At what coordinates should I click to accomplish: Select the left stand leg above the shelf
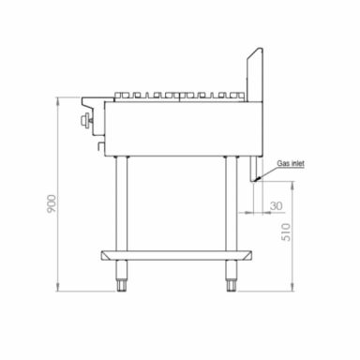coord(120,202)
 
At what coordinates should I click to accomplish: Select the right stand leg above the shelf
coord(229,202)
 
